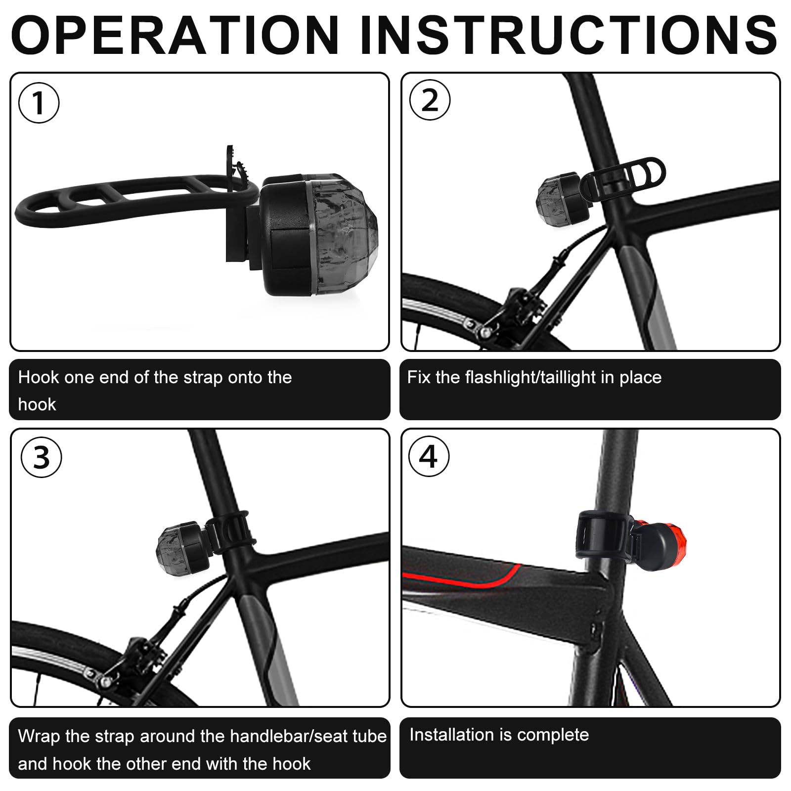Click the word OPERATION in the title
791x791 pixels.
point(175,35)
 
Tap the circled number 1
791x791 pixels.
point(39,103)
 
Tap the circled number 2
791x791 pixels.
point(430,100)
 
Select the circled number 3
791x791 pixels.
point(42,457)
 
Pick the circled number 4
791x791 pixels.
point(429,456)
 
